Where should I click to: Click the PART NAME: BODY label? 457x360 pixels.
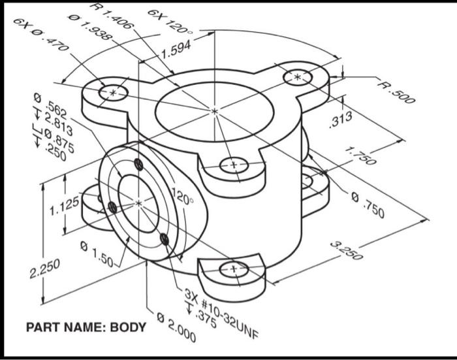point(86,327)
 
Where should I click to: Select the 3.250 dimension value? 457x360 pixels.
point(347,251)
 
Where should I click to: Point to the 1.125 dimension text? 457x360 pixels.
point(64,208)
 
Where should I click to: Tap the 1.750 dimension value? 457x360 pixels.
point(360,155)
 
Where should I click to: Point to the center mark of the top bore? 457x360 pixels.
point(214,112)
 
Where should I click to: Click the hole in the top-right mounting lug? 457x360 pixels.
point(298,77)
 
